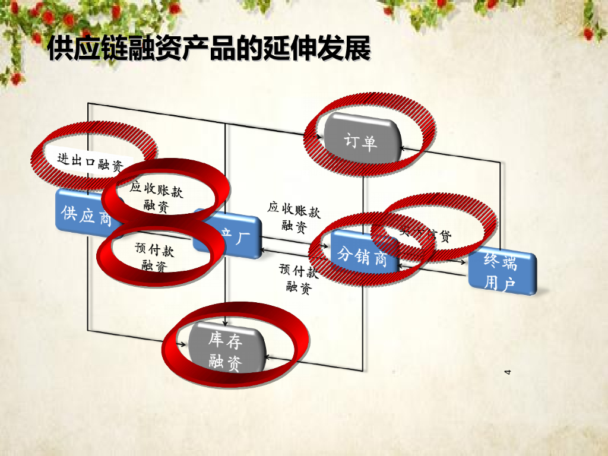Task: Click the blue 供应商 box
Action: coord(87,215)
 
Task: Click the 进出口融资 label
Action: coord(90,162)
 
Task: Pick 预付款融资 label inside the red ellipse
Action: coord(154,257)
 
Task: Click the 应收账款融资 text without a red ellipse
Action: coord(294,217)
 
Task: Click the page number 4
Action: coord(508,372)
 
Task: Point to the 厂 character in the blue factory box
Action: coord(243,233)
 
